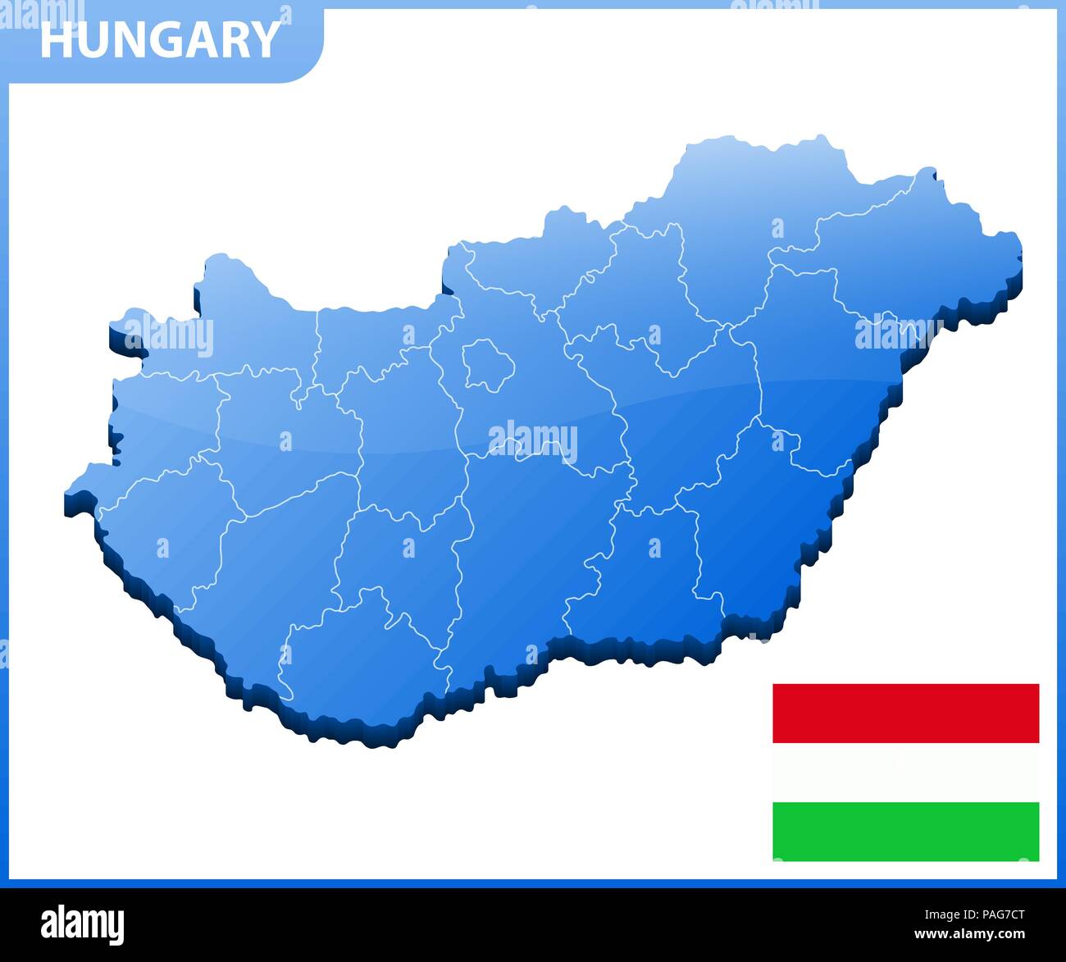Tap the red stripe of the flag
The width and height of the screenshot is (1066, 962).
coord(905,713)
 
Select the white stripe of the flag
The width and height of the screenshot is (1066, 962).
coord(905,772)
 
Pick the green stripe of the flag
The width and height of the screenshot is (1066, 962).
coord(905,831)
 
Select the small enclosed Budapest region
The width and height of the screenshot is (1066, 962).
coord(488,365)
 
